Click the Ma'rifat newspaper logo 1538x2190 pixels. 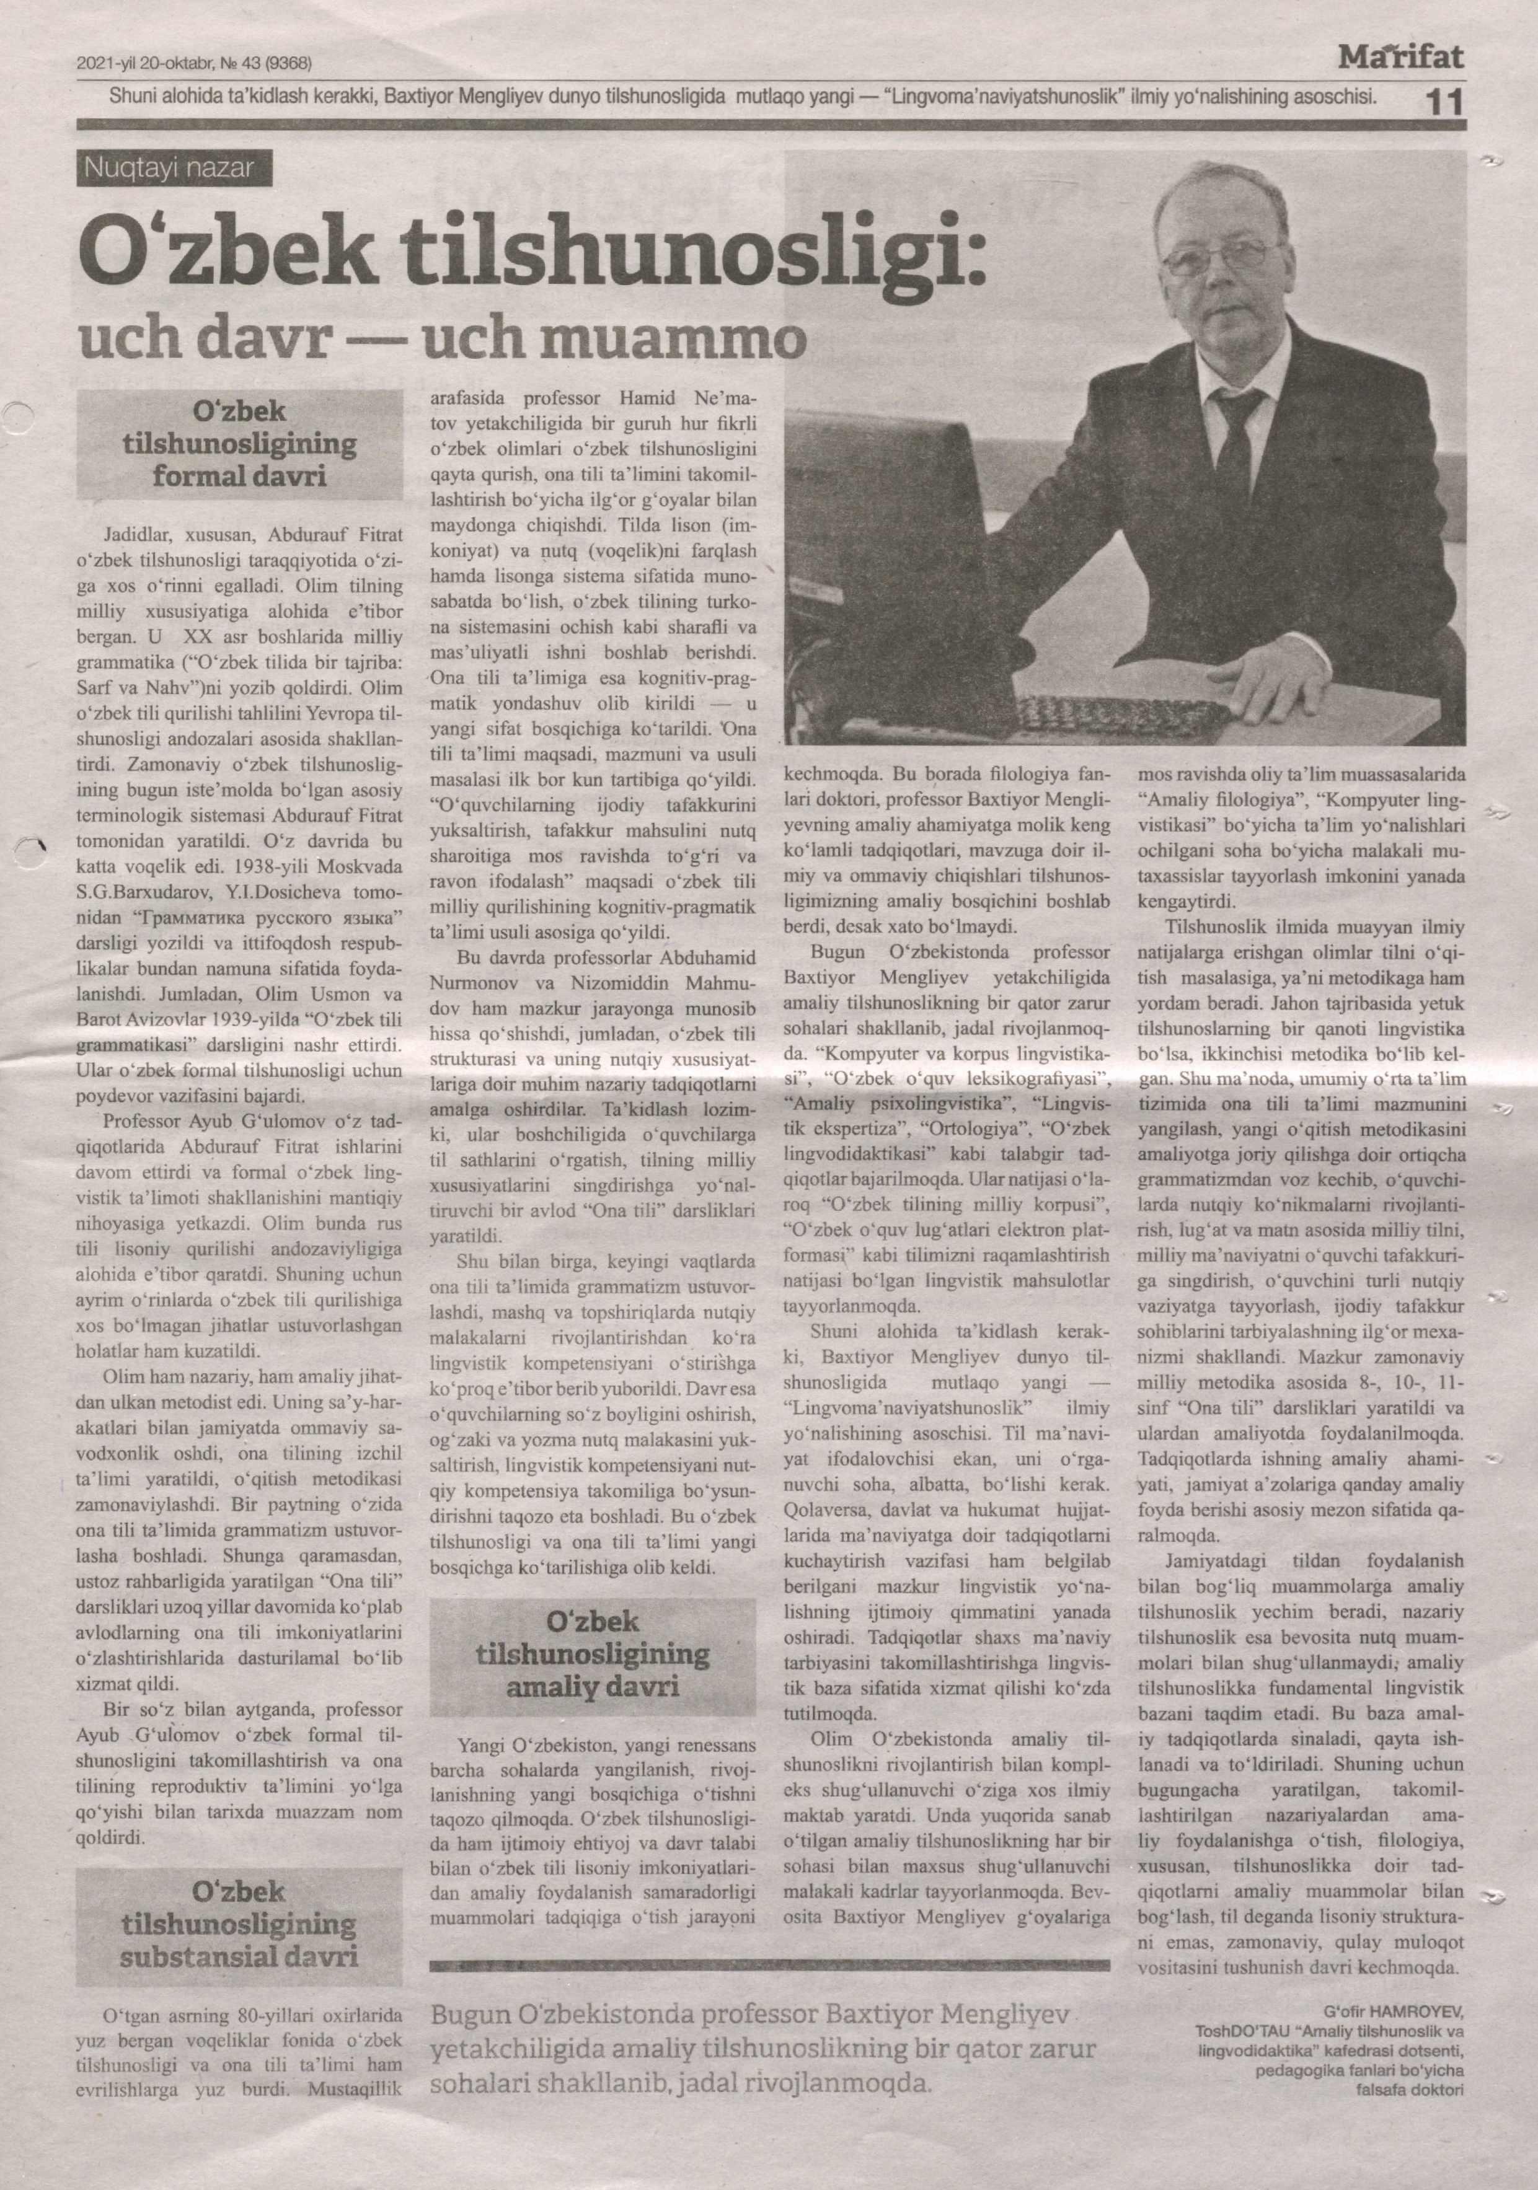tap(1400, 59)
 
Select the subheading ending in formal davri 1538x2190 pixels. tap(239, 444)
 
